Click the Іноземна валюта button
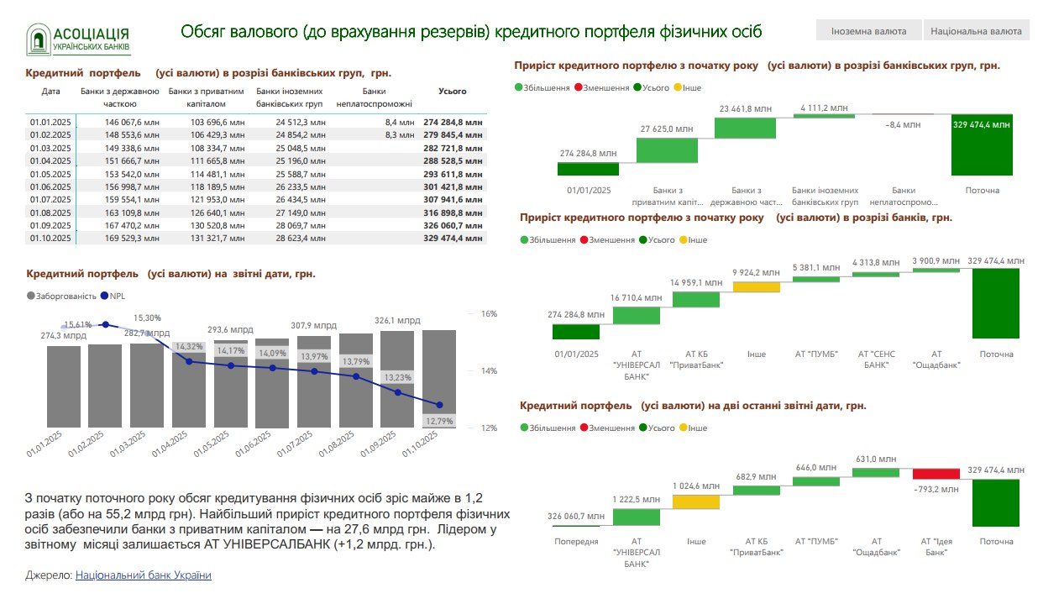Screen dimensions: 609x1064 pyautogui.click(x=868, y=31)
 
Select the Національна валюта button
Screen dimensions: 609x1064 pyautogui.click(x=977, y=31)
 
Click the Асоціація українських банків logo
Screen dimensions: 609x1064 pyautogui.click(x=78, y=39)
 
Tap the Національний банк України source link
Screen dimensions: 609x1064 pyautogui.click(x=143, y=575)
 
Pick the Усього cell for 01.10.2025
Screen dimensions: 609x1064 pyautogui.click(x=453, y=239)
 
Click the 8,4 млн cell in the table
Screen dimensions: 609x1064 pyautogui.click(x=400, y=122)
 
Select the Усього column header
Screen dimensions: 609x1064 pyautogui.click(x=453, y=92)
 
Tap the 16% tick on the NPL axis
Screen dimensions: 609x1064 pyautogui.click(x=489, y=314)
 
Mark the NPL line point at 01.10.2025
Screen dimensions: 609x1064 pyautogui.click(x=439, y=405)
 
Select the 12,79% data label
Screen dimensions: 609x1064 pyautogui.click(x=439, y=421)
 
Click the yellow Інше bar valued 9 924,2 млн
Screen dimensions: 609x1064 pyautogui.click(x=757, y=286)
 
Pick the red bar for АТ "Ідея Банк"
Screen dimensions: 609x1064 pyautogui.click(x=936, y=474)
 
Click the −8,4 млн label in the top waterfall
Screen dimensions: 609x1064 pyautogui.click(x=903, y=125)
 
